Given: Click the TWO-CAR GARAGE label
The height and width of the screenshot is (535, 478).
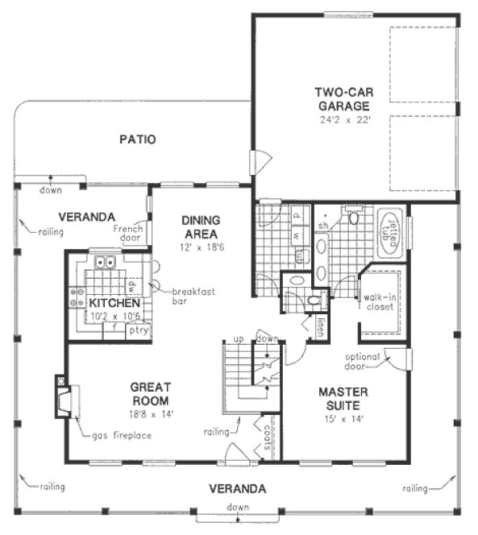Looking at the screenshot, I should pos(343,99).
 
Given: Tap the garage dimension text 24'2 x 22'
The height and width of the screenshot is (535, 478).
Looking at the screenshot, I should pos(343,120).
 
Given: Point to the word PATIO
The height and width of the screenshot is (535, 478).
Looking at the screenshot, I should pos(137,139).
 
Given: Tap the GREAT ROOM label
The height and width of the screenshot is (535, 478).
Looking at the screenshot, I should pos(151,393).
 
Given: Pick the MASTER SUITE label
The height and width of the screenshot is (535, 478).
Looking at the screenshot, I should pos(342,399).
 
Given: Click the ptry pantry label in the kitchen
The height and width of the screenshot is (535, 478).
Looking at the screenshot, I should pos(139,329).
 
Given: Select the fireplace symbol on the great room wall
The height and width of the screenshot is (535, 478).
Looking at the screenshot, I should pos(63,397).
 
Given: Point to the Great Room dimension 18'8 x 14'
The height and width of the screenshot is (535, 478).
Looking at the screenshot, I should pos(151,414).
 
